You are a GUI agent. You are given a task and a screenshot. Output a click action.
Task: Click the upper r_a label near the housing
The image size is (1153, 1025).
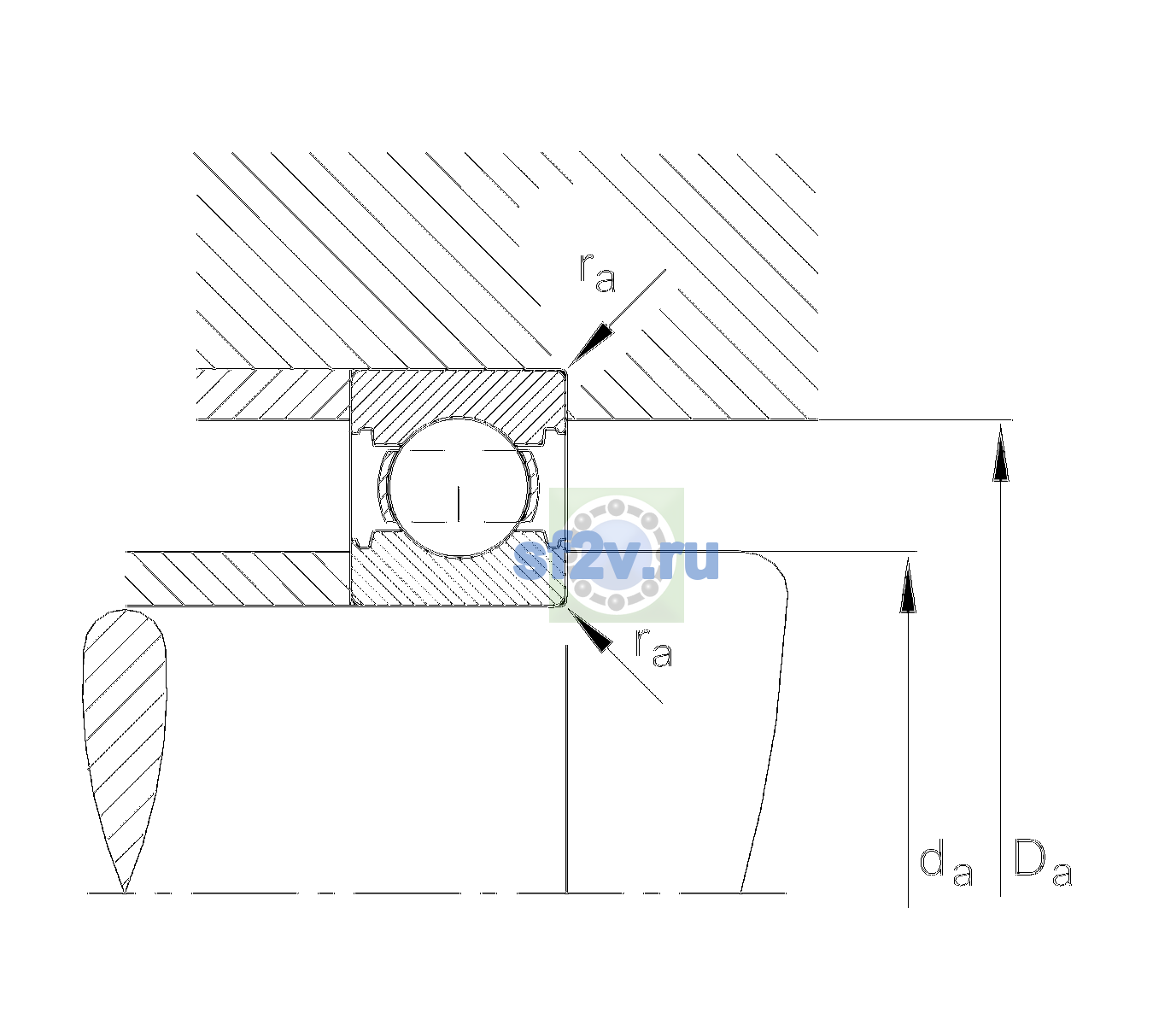pos(598,273)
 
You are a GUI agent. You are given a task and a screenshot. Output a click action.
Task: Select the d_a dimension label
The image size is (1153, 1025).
pos(945,866)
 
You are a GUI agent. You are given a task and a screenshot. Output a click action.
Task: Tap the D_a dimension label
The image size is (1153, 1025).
pos(1043,864)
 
